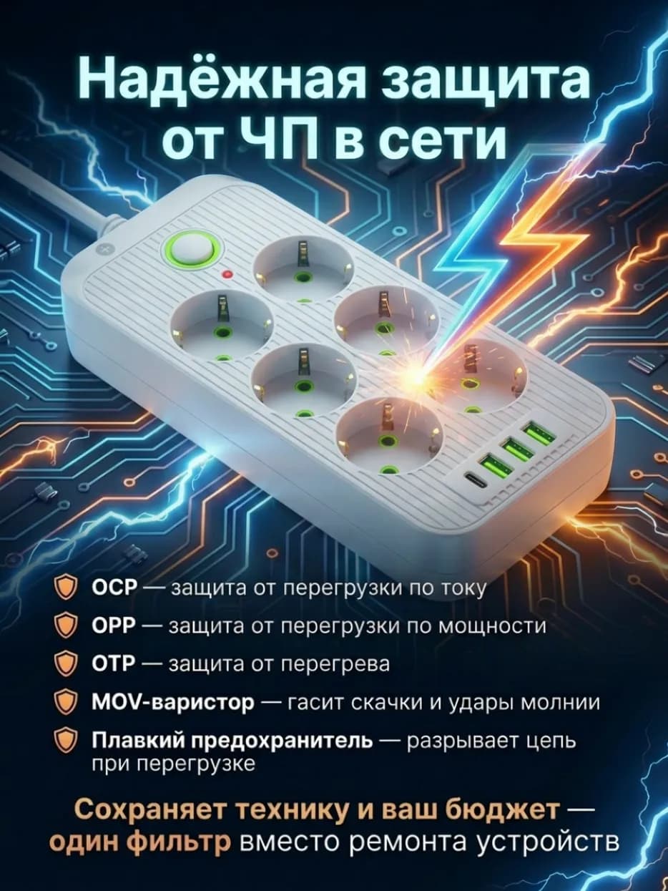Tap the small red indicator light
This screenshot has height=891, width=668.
(228, 274)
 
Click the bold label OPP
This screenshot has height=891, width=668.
(114, 626)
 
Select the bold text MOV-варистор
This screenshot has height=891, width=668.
(174, 702)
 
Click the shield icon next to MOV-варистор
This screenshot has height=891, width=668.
(66, 702)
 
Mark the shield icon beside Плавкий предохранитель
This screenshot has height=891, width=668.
(66, 741)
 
